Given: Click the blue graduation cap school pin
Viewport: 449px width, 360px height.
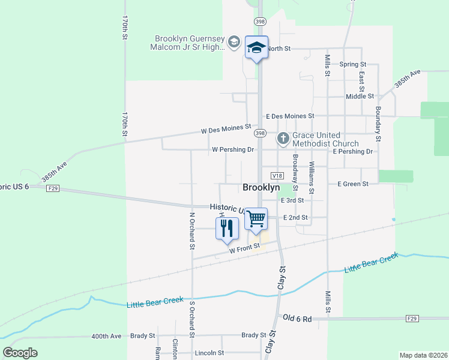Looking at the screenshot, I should point(256,48).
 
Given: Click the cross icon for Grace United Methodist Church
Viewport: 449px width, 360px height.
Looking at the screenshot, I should point(283,139).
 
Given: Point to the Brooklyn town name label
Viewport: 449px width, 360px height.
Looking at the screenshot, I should point(261,187).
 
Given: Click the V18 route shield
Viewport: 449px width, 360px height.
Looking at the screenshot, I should point(277,176).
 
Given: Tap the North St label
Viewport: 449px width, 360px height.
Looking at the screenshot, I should point(279,48).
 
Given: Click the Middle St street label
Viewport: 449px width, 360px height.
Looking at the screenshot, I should point(360,96).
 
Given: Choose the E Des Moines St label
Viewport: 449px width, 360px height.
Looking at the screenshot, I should point(291,116).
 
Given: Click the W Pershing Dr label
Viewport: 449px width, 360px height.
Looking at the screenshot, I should point(233,149).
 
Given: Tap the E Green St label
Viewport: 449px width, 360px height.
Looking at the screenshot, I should point(353,184).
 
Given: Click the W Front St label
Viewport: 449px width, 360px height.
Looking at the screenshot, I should point(244,248).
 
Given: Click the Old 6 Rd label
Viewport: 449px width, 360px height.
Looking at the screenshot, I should point(298,319).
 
